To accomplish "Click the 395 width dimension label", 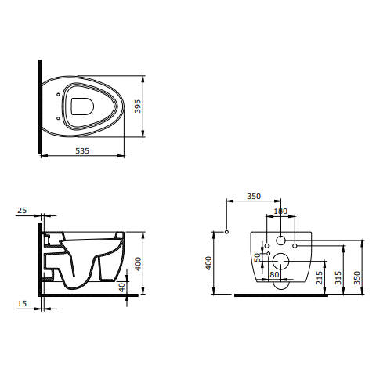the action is tap(138, 107).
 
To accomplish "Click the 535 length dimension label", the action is tap(82, 151).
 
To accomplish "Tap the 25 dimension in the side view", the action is tap(22, 210).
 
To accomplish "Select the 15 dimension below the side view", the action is tap(22, 304).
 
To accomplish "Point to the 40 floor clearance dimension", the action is tap(122, 287).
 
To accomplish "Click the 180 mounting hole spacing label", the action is tap(280, 211).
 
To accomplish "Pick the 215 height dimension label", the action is tap(320, 278).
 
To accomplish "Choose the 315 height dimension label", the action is tap(338, 278).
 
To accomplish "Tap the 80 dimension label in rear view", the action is tap(274, 274).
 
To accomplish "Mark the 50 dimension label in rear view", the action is tap(258, 258).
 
